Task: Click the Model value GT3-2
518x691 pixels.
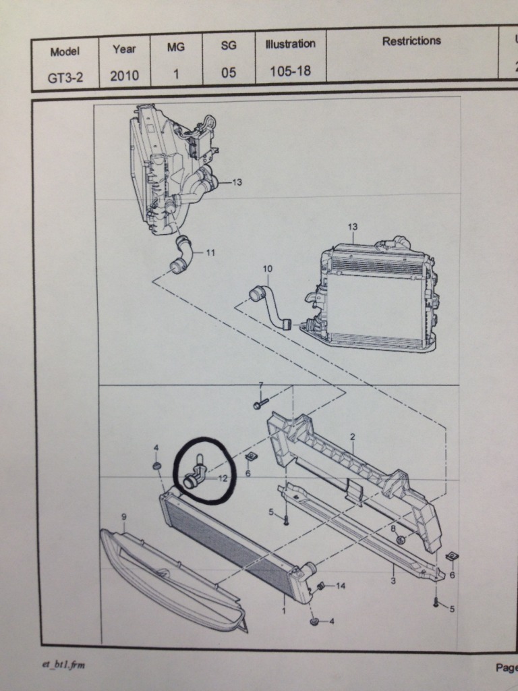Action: [65, 77]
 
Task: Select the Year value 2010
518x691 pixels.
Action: [125, 76]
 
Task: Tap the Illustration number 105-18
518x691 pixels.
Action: [290, 70]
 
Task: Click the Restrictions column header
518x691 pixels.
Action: [411, 40]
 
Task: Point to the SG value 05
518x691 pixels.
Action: [229, 73]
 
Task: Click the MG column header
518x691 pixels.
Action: [176, 47]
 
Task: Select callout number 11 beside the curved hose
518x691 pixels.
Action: [210, 253]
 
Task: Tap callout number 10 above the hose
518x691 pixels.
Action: [268, 269]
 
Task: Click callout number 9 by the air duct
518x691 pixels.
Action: [124, 517]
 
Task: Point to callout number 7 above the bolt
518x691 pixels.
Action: [260, 385]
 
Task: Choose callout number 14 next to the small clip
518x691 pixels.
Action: [340, 586]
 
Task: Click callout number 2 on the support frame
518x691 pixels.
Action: [352, 437]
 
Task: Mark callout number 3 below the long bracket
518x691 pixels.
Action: [393, 580]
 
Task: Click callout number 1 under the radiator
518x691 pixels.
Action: [284, 611]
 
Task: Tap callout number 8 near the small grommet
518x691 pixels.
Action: [394, 529]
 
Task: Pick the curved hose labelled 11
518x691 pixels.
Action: [181, 254]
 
